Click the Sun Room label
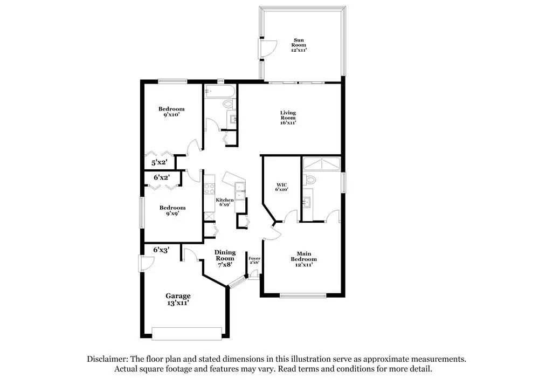pos(300,45)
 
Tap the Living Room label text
pos(288,118)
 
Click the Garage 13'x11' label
pos(178,299)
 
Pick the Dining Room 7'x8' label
pos(225,259)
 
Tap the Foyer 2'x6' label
pos(254,261)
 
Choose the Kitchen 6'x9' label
pos(225,203)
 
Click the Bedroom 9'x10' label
pos(171,112)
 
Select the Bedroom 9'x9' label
pos(172,210)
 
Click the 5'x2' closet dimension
pos(159,162)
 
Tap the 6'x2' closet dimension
pos(161,177)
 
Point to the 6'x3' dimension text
pos(161,250)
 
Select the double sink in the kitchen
pos(241,191)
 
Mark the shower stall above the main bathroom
pos(321,164)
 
